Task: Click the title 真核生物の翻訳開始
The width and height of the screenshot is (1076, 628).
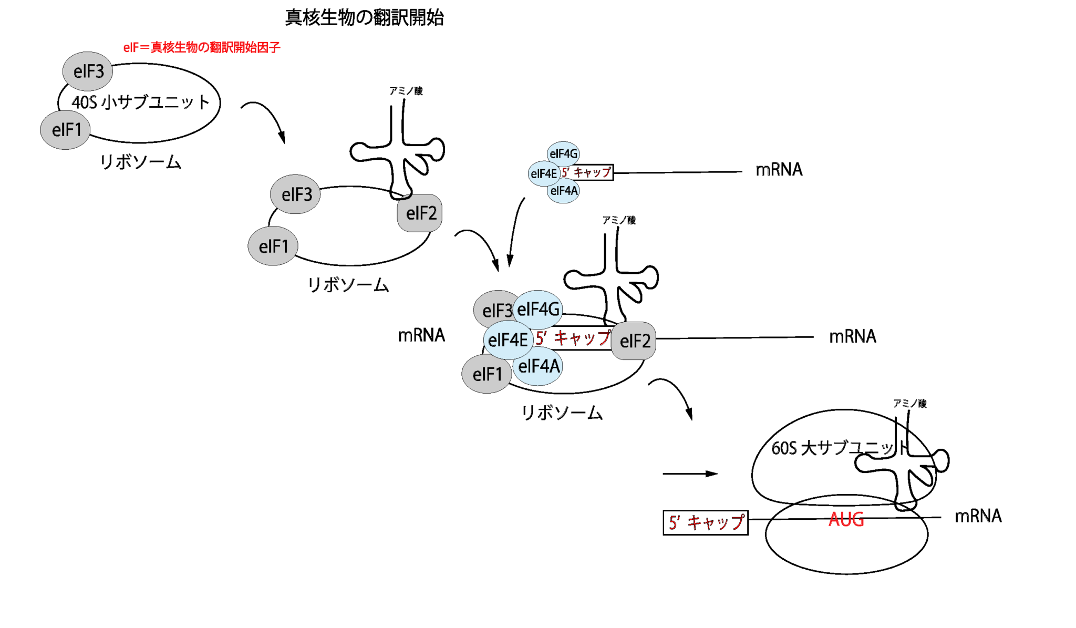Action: tap(364, 18)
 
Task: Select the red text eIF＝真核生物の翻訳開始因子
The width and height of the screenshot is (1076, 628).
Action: tap(202, 48)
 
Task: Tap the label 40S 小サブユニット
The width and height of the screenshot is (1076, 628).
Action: tap(140, 102)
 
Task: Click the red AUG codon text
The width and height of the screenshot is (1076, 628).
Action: tap(846, 519)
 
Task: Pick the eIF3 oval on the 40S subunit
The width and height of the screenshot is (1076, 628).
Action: tap(88, 71)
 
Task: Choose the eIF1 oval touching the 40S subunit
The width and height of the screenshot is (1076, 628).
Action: tap(66, 130)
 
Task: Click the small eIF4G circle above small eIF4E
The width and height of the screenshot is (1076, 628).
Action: tap(563, 154)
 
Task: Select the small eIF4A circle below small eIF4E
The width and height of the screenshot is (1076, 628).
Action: tap(564, 191)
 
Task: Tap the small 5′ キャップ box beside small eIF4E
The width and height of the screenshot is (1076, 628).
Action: tap(586, 172)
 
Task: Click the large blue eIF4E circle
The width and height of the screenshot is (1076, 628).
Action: tap(508, 340)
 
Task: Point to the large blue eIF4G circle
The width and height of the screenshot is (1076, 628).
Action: tap(538, 310)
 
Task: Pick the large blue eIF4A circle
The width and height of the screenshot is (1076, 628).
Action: tap(539, 366)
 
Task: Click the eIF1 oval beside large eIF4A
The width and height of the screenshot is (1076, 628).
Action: tap(487, 374)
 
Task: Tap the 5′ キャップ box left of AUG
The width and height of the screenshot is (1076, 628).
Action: tap(706, 522)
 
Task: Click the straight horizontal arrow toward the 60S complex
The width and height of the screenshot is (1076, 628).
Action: tap(690, 473)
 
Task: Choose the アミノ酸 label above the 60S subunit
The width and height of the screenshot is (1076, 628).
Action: tap(909, 404)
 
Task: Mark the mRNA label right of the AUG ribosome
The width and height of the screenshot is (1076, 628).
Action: tap(978, 516)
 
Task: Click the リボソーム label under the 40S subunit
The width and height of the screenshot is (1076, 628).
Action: tap(140, 162)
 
